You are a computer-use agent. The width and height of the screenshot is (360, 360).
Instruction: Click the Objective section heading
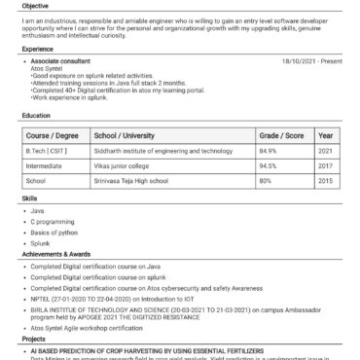coord(36,5)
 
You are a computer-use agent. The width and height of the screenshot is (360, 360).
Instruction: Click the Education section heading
coord(37,115)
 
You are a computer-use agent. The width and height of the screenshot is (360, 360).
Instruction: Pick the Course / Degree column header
coord(52,135)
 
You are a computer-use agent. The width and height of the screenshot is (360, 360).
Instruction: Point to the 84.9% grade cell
coord(269,152)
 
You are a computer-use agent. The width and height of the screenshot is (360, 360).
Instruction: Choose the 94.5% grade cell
coord(269,166)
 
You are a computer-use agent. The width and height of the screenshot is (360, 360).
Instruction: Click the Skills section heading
coord(29,198)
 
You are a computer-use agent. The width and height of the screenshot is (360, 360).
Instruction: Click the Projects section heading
coord(33,340)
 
